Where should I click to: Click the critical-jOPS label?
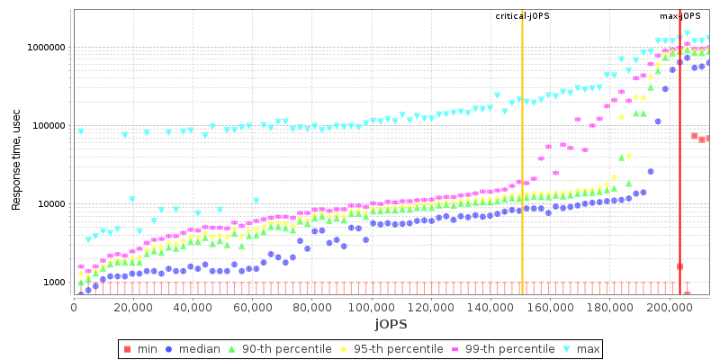click(x=522, y=16)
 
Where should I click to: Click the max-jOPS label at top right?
click(x=680, y=16)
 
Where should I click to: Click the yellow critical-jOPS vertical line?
click(x=522, y=180)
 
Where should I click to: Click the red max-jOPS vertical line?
click(x=679, y=180)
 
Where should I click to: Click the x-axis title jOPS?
click(x=391, y=323)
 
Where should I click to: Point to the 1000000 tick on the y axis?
click(x=43, y=48)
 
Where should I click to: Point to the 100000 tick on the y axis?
click(x=46, y=126)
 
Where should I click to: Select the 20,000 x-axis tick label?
click(x=132, y=307)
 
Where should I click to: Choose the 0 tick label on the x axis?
click(x=74, y=307)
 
